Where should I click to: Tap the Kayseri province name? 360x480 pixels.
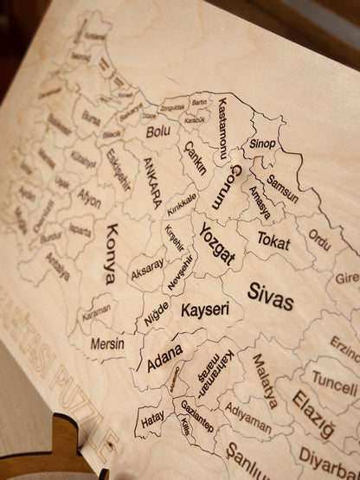coord(205,309)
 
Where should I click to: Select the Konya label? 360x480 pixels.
coord(109,256)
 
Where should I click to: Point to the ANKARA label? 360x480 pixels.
coord(150,183)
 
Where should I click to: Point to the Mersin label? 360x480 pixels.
coord(107,343)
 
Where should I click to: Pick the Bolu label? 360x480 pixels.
coord(157,132)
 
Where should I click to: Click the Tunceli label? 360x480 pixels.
coord(333,379)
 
